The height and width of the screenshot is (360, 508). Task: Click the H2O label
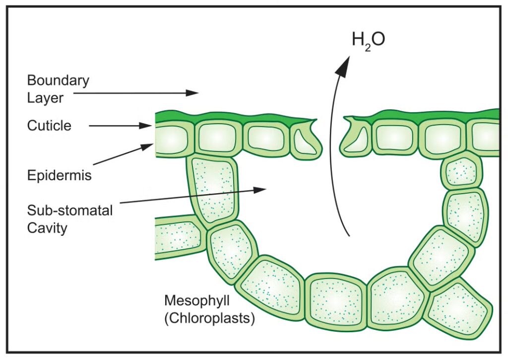[x=368, y=39]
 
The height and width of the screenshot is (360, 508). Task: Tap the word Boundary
[x=58, y=80]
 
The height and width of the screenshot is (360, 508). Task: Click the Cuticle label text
[x=49, y=126]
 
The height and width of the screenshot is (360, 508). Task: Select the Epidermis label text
[x=60, y=175]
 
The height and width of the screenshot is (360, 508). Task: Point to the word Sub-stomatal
[x=70, y=211]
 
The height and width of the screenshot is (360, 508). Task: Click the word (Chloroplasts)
[x=209, y=318]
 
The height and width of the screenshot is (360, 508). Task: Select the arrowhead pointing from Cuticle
[x=148, y=126]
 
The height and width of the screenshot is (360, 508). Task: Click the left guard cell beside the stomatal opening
[x=305, y=140]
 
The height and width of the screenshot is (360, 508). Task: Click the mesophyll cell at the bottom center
[x=335, y=301]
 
